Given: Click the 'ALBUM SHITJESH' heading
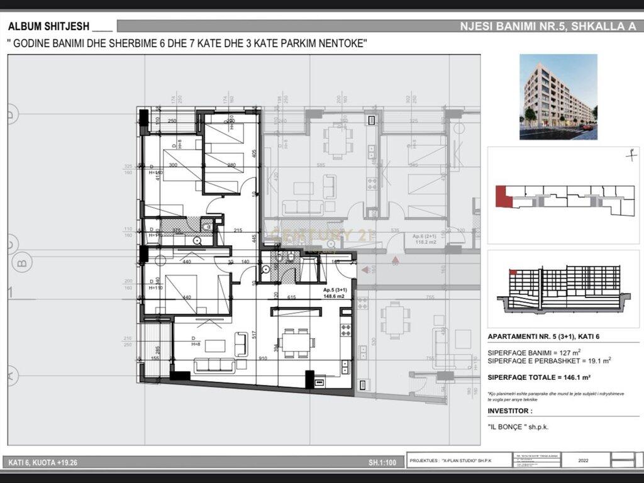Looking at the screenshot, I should (50, 26).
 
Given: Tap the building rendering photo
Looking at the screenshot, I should (558, 96).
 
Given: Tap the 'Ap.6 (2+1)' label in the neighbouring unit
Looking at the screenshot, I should (425, 237).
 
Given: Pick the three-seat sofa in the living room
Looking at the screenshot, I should (214, 365).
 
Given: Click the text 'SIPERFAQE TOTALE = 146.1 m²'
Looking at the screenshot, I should (540, 377).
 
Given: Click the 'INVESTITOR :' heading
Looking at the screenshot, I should (510, 411).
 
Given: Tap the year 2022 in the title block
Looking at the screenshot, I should (582, 460).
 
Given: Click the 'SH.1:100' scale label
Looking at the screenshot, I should (382, 464).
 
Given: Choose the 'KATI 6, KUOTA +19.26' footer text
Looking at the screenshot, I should (43, 464).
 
